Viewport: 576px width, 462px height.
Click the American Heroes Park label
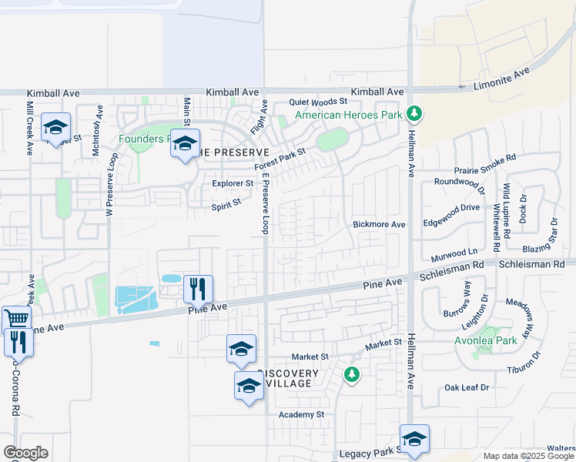pyautogui.click(x=350, y=115)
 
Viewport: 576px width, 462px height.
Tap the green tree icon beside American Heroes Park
pyautogui.click(x=414, y=115)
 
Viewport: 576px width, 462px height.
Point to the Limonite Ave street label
pyautogui.click(x=501, y=78)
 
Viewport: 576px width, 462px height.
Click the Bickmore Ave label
pyautogui.click(x=379, y=225)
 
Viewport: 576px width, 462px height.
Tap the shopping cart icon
pyautogui.click(x=15, y=317)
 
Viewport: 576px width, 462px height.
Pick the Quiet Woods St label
pyautogui.click(x=319, y=102)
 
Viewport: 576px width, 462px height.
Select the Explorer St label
pyautogui.click(x=233, y=184)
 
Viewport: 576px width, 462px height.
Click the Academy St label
pyautogui.click(x=302, y=414)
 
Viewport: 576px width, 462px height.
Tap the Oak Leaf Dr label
pyautogui.click(x=467, y=387)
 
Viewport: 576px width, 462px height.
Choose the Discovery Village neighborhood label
pyautogui.click(x=289, y=379)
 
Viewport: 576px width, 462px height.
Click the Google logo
pyautogui.click(x=25, y=453)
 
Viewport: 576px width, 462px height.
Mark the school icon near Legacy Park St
pyautogui.click(x=414, y=438)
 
